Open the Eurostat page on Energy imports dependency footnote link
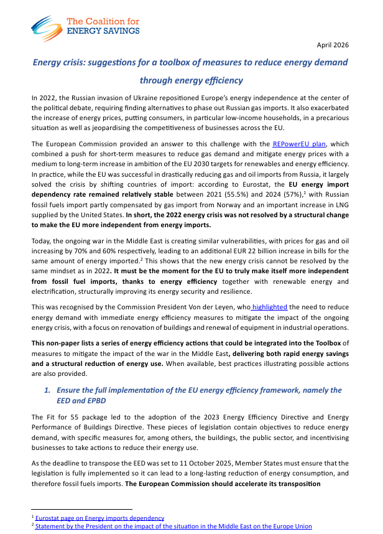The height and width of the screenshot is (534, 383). point(99,518)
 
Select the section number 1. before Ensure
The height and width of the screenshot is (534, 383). point(46,390)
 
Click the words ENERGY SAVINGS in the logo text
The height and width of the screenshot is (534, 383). point(103,30)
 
